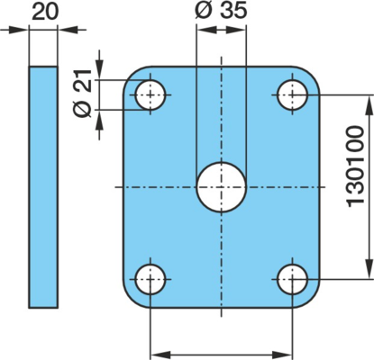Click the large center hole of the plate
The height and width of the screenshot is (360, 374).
point(222,187)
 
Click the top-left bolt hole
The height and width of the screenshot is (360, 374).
point(151,94)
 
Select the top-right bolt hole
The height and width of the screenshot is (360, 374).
point(292,94)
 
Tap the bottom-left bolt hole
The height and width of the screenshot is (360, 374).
point(151,279)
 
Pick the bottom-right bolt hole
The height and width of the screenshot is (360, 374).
point(292,279)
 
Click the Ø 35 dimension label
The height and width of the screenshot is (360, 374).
point(221,10)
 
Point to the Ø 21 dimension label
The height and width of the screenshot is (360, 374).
point(82,94)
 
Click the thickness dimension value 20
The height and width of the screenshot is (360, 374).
point(45,13)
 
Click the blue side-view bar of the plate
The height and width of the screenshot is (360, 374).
point(43,187)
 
